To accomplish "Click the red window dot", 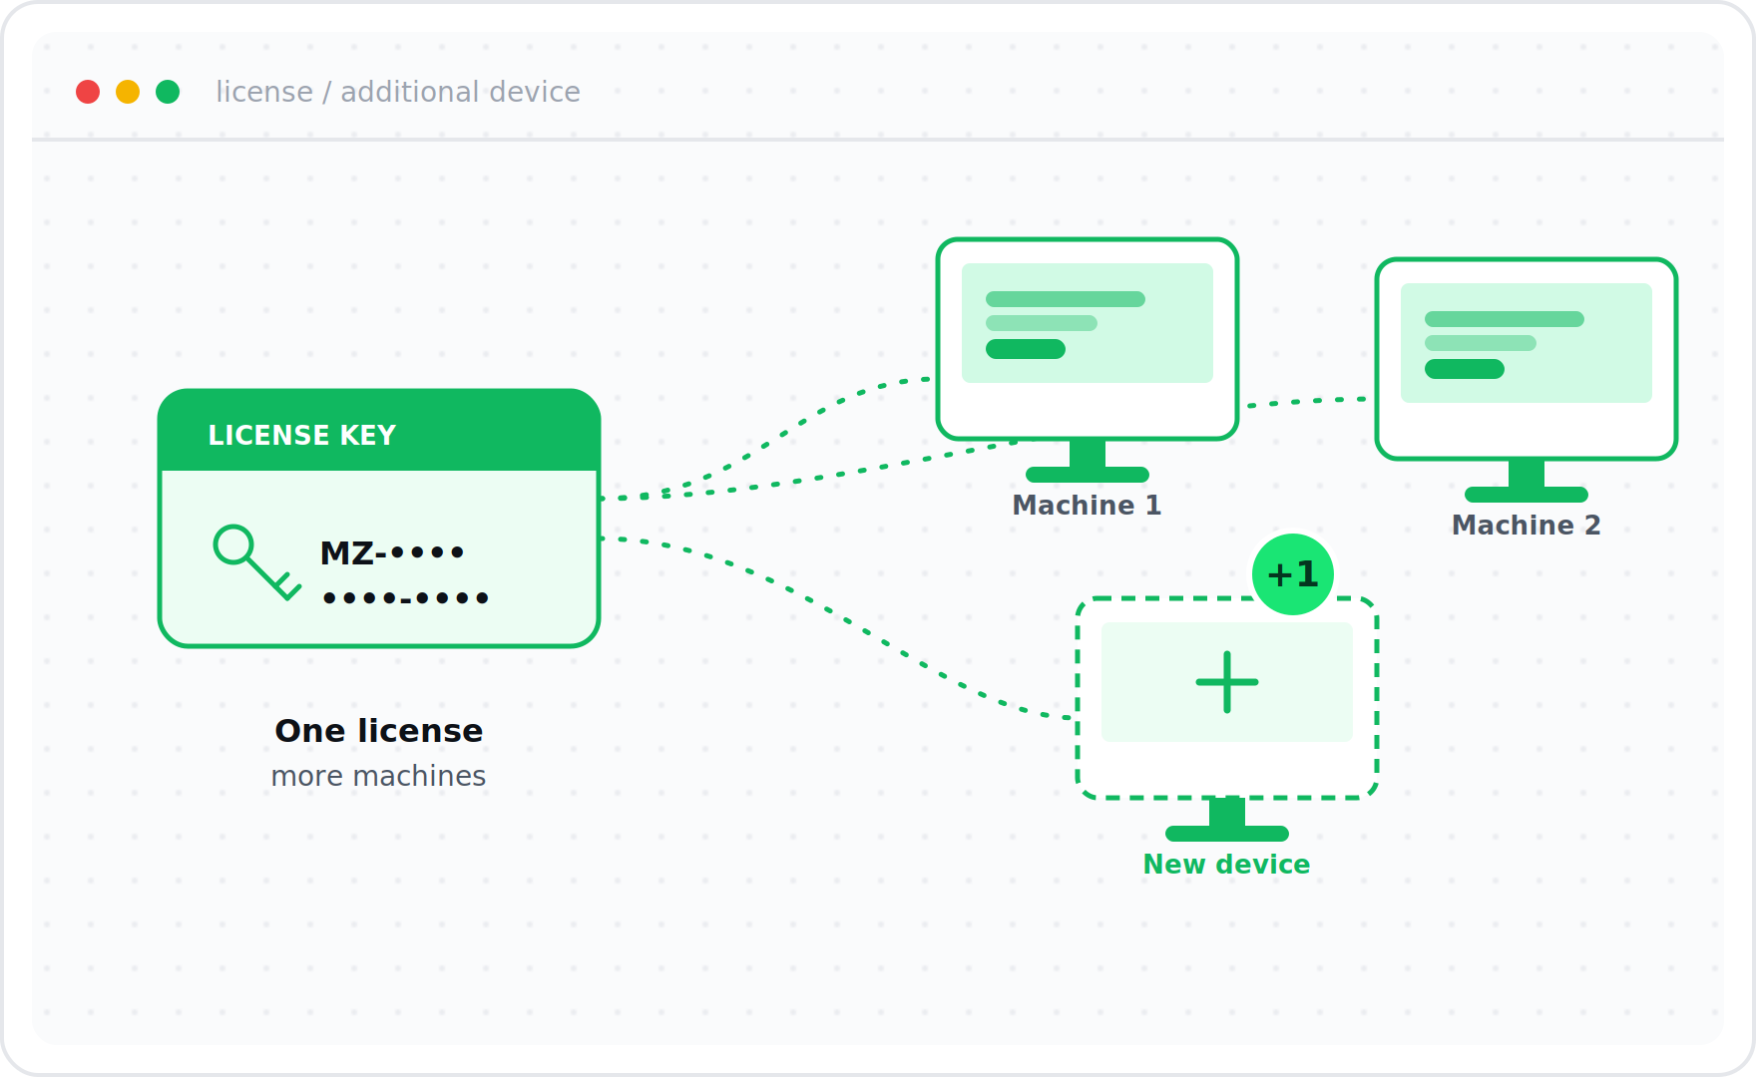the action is pyautogui.click(x=88, y=92).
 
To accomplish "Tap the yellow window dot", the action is pyautogui.click(x=128, y=92).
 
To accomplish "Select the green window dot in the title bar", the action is pyautogui.click(x=168, y=92).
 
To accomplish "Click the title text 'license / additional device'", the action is pyautogui.click(x=398, y=92).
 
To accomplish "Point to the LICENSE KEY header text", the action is pyautogui.click(x=302, y=435).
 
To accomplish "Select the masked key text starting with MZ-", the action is pyautogui.click(x=404, y=573).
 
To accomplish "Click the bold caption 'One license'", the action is pyautogui.click(x=379, y=731).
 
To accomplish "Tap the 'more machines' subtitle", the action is pyautogui.click(x=379, y=776).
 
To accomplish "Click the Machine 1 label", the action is pyautogui.click(x=1088, y=506).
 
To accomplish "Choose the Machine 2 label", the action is pyautogui.click(x=1527, y=526).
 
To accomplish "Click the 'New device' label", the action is pyautogui.click(x=1227, y=865).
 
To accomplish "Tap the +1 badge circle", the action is pyautogui.click(x=1293, y=574).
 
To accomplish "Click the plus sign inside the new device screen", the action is pyautogui.click(x=1227, y=682).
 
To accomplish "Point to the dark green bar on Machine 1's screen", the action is pyautogui.click(x=1026, y=349).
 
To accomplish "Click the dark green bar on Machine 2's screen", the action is pyautogui.click(x=1465, y=369).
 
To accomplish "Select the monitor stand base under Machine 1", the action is pyautogui.click(x=1088, y=475).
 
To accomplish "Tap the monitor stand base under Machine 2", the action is pyautogui.click(x=1527, y=495).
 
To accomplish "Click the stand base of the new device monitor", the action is pyautogui.click(x=1227, y=834).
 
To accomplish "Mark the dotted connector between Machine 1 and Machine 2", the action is pyautogui.click(x=1307, y=401).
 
